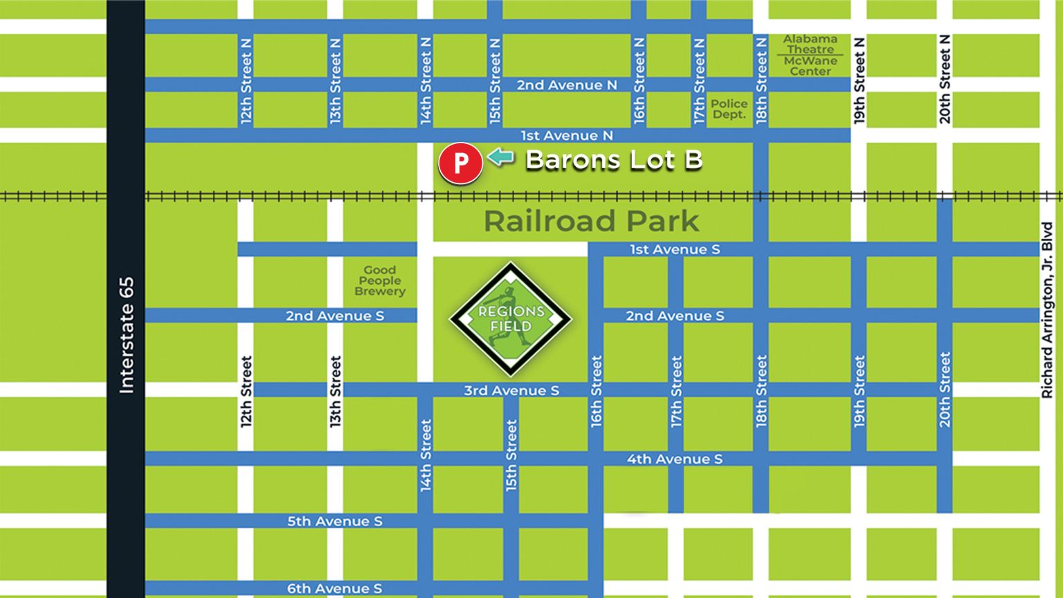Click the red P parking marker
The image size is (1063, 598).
pyautogui.click(x=460, y=163)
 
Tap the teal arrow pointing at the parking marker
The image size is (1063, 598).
pyautogui.click(x=500, y=158)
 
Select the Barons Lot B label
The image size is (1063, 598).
pyautogui.click(x=614, y=160)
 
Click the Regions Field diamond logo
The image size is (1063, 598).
pyautogui.click(x=511, y=319)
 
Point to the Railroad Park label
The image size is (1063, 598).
pyautogui.click(x=591, y=221)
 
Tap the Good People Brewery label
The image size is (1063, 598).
pyautogui.click(x=379, y=280)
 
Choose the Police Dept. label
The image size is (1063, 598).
pyautogui.click(x=729, y=109)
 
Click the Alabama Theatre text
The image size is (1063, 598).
pyautogui.click(x=810, y=44)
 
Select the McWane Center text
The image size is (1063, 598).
pyautogui.click(x=810, y=66)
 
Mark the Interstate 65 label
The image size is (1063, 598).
pyautogui.click(x=126, y=336)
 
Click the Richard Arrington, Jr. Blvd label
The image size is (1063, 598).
pyautogui.click(x=1046, y=309)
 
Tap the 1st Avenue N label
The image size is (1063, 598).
pyautogui.click(x=566, y=136)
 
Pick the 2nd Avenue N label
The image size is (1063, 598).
pyautogui.click(x=566, y=85)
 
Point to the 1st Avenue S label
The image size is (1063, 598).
pyautogui.click(x=674, y=249)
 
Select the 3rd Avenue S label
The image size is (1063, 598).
pyautogui.click(x=511, y=390)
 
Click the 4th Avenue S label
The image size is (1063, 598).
pyautogui.click(x=674, y=459)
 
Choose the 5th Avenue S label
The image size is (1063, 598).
pyautogui.click(x=334, y=521)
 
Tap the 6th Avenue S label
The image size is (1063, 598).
pyautogui.click(x=334, y=588)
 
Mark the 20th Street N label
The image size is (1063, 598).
pyautogui.click(x=945, y=80)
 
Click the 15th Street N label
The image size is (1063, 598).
pyautogui.click(x=495, y=81)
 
